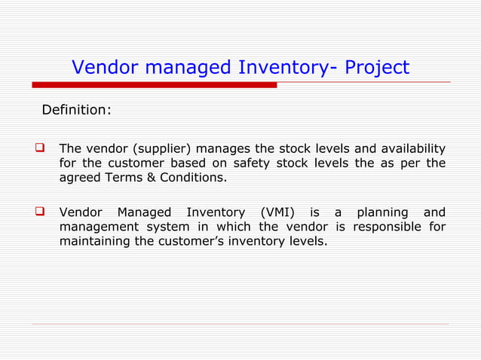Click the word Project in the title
[x=377, y=69]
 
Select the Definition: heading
[x=76, y=110]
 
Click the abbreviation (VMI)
[x=276, y=212]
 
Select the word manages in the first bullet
[x=219, y=148]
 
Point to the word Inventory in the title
[x=283, y=69]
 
